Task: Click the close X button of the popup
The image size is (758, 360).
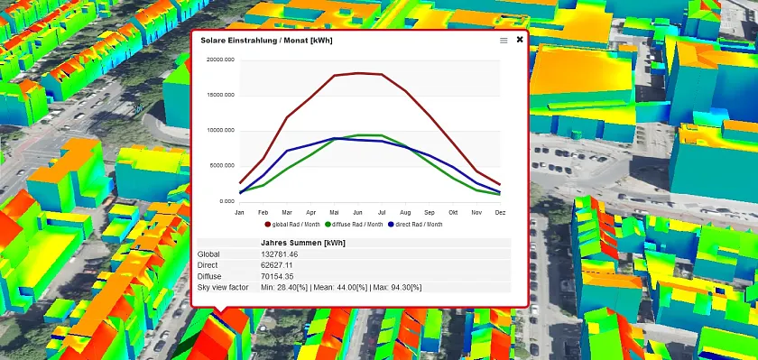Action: click(x=520, y=40)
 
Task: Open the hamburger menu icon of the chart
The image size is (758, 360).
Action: click(x=504, y=41)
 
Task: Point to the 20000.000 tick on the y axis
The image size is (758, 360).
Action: click(x=220, y=60)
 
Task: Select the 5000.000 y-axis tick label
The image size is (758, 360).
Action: click(x=222, y=165)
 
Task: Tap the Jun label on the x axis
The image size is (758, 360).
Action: click(x=358, y=212)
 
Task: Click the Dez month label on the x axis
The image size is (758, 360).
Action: click(x=500, y=212)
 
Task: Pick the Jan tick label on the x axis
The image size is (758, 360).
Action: click(x=239, y=212)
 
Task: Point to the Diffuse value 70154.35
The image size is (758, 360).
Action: click(x=280, y=276)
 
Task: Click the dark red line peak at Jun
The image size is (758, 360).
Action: click(x=358, y=72)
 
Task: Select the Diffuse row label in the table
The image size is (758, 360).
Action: click(x=210, y=276)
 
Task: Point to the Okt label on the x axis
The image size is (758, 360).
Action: click(x=453, y=212)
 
